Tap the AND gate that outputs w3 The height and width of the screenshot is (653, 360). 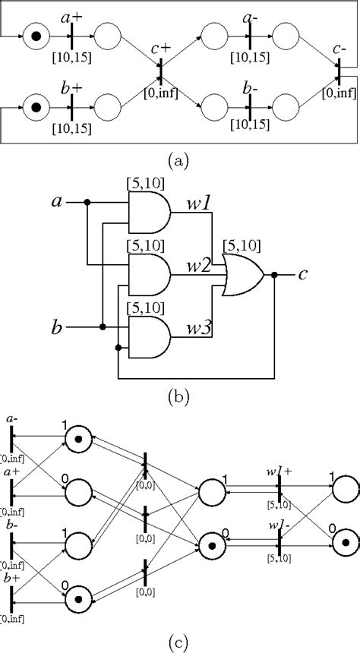(x=148, y=336)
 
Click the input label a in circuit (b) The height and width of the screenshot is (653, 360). (x=55, y=202)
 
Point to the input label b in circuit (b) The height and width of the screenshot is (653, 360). (x=55, y=328)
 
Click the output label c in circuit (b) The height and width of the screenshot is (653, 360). (x=302, y=275)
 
